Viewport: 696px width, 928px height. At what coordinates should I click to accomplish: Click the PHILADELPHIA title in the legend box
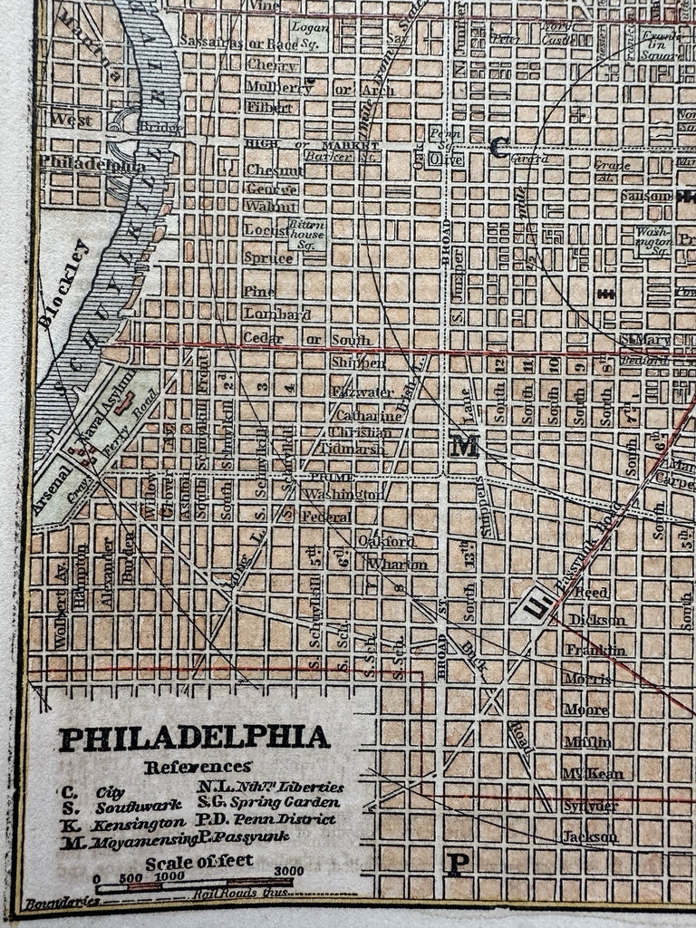[194, 738]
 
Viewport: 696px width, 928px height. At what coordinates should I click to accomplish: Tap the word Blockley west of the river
[63, 283]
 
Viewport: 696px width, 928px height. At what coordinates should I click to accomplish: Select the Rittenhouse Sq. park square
[306, 232]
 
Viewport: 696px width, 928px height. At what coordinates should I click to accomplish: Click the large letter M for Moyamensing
[464, 445]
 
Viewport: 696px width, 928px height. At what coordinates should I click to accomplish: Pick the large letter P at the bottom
[458, 864]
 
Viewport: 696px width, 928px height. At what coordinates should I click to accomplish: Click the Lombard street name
[276, 314]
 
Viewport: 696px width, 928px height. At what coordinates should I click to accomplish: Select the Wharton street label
[396, 565]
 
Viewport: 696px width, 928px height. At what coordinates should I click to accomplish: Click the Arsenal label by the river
[52, 490]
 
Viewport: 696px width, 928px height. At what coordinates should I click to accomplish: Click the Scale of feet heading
[199, 862]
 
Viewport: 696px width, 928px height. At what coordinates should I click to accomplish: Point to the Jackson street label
[589, 836]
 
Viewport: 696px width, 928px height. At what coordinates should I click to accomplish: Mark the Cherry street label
[272, 66]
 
